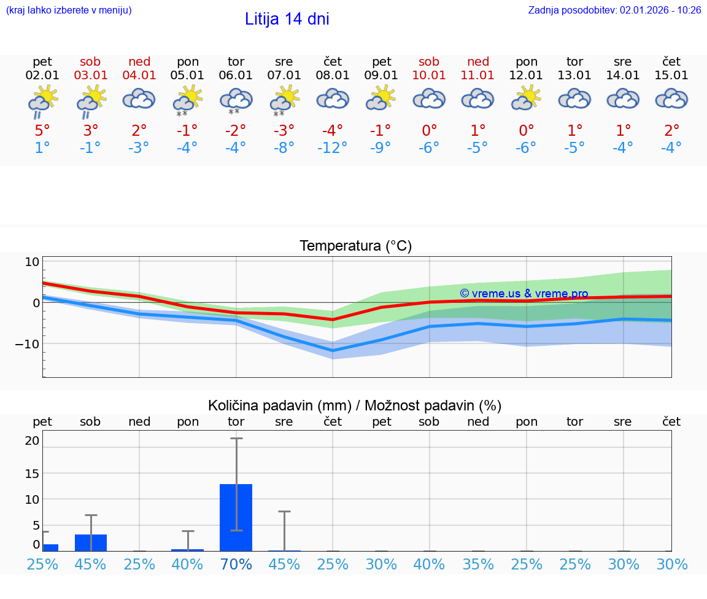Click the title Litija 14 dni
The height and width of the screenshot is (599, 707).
pos(287,19)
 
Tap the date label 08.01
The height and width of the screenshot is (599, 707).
pos(333,76)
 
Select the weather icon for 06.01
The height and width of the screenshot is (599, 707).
pos(236,99)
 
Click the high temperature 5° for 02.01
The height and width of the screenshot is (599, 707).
pos(42,130)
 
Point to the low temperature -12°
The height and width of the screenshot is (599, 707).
pos(333,148)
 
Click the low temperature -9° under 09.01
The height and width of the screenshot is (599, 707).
pos(381,148)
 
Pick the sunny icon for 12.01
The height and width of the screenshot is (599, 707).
pos(527,98)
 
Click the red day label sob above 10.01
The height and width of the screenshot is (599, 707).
pos(429,61)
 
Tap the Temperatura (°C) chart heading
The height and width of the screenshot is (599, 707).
pos(355,246)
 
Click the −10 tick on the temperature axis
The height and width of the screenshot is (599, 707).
pos(28,343)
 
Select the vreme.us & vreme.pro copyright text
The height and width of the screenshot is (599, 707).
pos(523,294)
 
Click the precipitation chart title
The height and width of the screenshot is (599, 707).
pos(355,405)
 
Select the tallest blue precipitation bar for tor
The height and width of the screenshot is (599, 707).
pos(236,517)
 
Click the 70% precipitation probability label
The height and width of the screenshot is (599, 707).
pos(236,564)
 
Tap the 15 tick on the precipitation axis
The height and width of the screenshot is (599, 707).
pos(32,473)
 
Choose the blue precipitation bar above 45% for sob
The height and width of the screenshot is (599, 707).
pos(91,542)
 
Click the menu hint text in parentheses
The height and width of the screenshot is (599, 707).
pos(68,10)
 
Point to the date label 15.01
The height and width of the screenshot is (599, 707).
pos(671,76)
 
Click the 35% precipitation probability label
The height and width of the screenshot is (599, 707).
pos(478,564)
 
